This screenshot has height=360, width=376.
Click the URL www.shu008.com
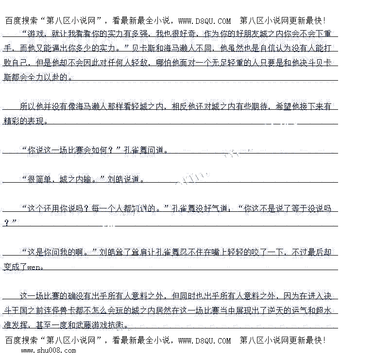click(48, 350)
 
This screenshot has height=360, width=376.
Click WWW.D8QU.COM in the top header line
click(205, 21)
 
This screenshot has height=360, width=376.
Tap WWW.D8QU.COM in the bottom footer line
click(205, 341)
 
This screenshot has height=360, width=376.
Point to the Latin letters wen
click(35, 267)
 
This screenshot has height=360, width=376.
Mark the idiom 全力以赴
click(49, 77)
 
